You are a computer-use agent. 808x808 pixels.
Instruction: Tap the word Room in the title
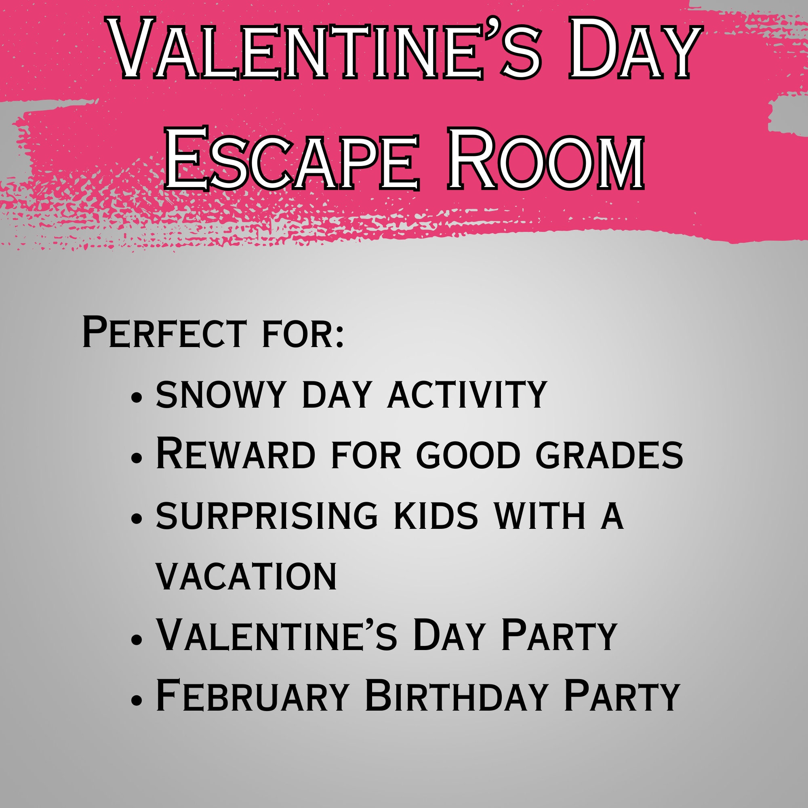(x=546, y=158)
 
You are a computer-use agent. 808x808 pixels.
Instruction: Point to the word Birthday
(x=456, y=696)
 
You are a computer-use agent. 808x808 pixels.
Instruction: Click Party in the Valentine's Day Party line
(x=559, y=635)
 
